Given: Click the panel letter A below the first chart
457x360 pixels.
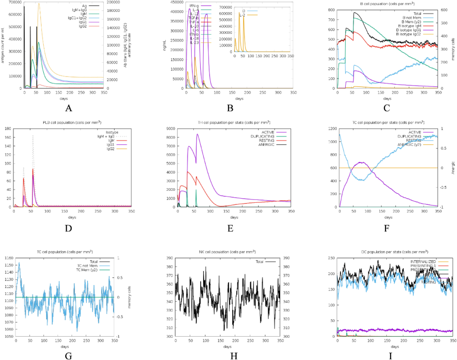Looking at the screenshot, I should tap(69, 108).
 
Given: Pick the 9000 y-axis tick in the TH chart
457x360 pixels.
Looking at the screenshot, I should tap(171, 129).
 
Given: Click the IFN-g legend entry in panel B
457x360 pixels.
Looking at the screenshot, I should tap(194, 6).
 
